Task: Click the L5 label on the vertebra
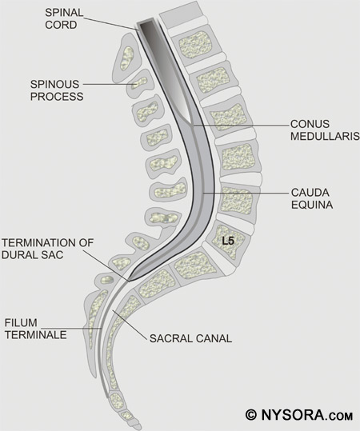228,241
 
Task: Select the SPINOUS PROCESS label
57,90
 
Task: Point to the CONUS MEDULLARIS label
325,130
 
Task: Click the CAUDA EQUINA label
312,198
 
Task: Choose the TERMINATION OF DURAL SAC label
47,249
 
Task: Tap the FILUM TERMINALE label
36,329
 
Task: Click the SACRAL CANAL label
190,338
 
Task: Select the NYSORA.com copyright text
299,414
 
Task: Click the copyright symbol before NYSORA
251,414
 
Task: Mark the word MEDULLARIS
325,136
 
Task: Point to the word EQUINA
312,205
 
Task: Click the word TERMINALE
36,335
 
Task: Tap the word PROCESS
57,97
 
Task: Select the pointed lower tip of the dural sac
130,281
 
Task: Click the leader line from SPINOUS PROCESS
110,85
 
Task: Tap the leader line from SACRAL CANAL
130,325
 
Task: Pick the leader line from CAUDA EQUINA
246,194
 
